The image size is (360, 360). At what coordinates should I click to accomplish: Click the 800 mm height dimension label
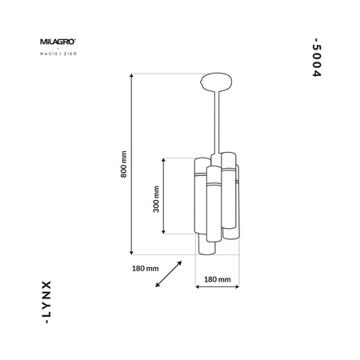point(124,167)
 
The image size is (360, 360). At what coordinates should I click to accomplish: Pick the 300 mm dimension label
point(156,196)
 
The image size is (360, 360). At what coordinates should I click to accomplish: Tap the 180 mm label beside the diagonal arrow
point(144,267)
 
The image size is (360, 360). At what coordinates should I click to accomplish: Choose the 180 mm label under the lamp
point(218,280)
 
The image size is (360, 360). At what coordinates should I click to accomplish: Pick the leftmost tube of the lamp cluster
point(199,196)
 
